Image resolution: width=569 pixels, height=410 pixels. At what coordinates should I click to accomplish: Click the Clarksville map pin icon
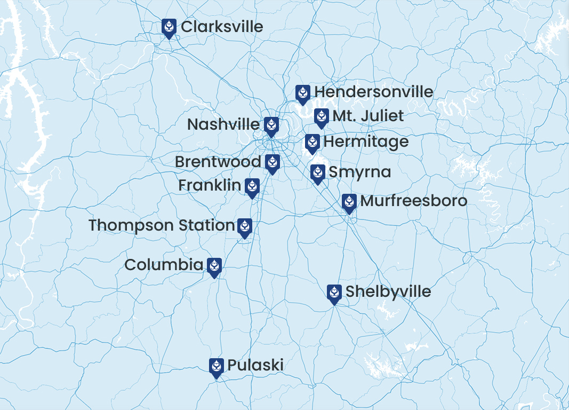point(169,27)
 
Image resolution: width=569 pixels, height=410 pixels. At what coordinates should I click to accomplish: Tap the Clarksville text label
point(222,27)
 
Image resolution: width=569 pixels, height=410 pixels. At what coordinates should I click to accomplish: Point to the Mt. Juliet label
point(368,116)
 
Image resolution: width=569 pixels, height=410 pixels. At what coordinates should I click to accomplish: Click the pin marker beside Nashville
point(271,126)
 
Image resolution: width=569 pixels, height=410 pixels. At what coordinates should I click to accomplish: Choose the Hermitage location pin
point(312,143)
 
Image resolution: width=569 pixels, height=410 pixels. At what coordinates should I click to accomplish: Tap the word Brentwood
point(218,162)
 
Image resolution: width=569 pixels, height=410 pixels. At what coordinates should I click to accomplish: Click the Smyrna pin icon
point(318,173)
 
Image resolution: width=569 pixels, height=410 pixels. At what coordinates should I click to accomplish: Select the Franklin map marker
point(252,187)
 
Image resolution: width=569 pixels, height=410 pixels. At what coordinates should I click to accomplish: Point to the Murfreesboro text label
point(414,201)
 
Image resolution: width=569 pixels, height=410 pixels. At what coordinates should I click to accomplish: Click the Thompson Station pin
point(244,227)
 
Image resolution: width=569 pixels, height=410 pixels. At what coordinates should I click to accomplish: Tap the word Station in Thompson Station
point(207,225)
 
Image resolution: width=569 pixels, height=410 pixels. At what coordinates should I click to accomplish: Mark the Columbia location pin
point(214,266)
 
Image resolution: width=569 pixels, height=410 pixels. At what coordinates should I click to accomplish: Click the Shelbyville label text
point(388,291)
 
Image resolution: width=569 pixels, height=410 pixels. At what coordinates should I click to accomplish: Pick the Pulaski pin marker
point(216,367)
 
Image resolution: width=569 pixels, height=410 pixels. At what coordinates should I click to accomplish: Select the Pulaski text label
point(255,365)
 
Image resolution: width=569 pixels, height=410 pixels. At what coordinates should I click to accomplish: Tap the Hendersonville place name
point(374,92)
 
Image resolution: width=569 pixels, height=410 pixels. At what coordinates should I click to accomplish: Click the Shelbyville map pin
point(334,293)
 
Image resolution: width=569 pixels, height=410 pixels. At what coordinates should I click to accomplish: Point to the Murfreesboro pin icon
point(349,202)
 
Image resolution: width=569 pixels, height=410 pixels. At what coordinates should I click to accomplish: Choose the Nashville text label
point(223,124)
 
